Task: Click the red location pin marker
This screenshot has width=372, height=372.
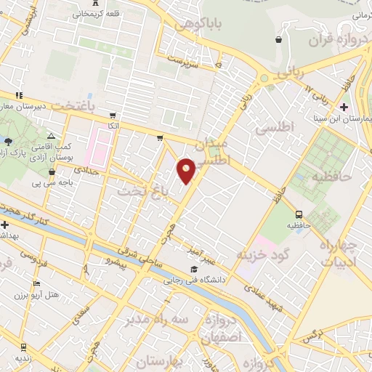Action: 186,170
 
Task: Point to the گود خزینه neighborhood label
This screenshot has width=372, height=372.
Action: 262,254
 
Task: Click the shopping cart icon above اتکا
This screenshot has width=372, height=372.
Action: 112,115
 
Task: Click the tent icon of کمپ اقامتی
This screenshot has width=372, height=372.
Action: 51,136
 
